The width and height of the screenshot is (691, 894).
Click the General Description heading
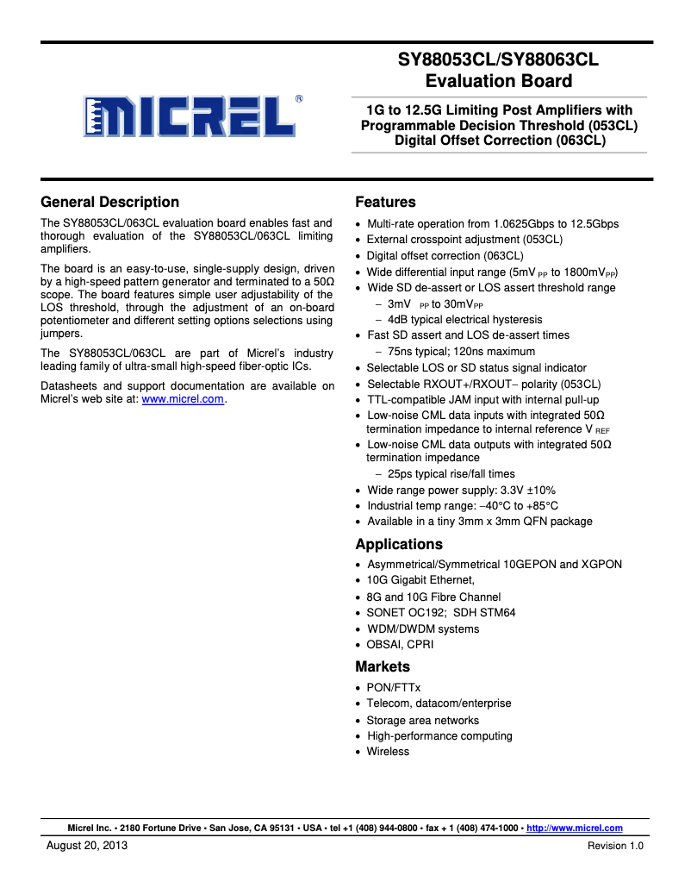(x=110, y=202)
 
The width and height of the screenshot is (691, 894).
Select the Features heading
(x=385, y=202)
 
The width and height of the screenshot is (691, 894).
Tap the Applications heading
(x=399, y=544)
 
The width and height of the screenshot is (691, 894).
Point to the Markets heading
(x=383, y=666)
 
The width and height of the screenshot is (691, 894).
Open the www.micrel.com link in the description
(x=182, y=399)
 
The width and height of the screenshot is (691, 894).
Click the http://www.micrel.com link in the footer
(x=574, y=828)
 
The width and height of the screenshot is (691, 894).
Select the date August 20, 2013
(x=87, y=846)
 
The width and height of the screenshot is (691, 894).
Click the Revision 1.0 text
(x=615, y=846)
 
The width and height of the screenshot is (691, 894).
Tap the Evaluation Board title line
(x=498, y=81)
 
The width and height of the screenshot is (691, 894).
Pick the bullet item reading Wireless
(x=388, y=752)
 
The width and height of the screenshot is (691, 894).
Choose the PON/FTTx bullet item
(x=393, y=687)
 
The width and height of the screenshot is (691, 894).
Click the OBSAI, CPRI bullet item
(x=400, y=645)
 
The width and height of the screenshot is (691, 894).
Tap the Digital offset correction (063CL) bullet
(x=445, y=255)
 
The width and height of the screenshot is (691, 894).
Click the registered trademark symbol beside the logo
(x=298, y=98)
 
